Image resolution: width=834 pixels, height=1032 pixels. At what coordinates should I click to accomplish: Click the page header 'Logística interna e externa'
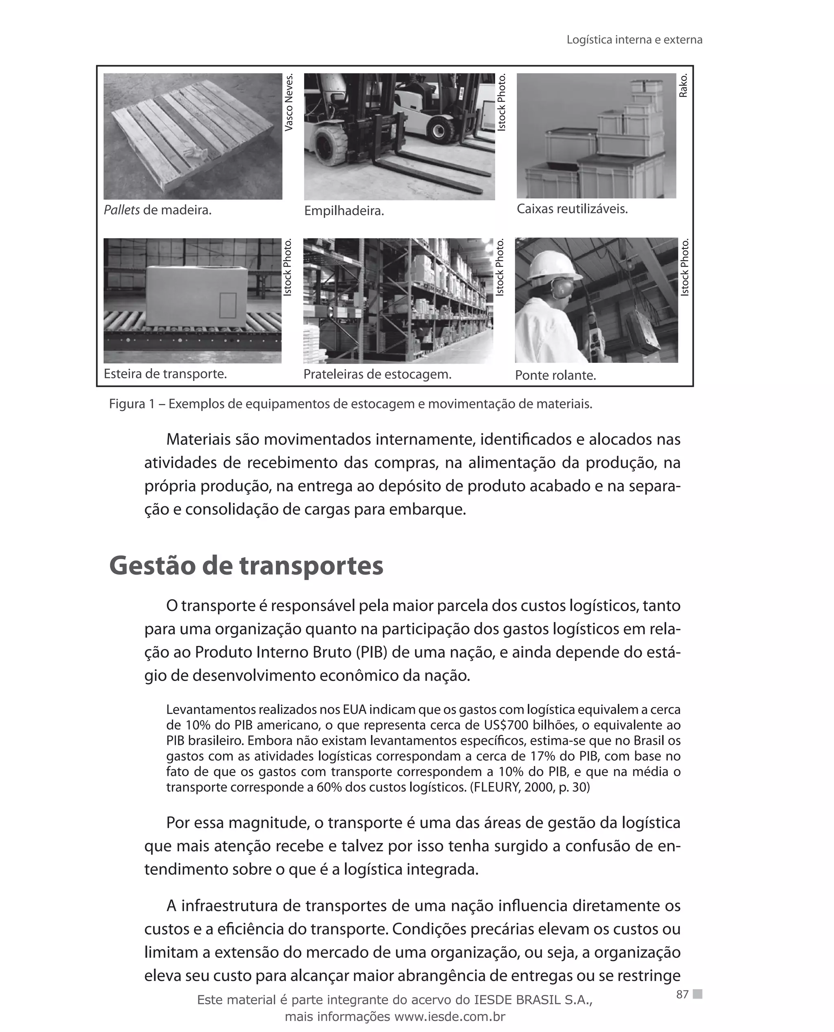click(x=634, y=40)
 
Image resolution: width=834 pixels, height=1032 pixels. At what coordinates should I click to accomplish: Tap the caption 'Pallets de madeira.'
click(x=158, y=211)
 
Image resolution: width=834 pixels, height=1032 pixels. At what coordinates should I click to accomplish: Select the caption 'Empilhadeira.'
click(x=344, y=211)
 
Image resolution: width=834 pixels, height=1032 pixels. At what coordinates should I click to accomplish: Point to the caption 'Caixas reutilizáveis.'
click(x=572, y=209)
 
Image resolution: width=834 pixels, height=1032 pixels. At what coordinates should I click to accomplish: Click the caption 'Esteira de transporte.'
click(x=165, y=374)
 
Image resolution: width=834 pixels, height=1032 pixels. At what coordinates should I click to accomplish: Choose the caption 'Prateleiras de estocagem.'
click(x=377, y=374)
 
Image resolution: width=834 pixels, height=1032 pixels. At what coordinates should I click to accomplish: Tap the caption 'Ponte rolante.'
click(x=555, y=375)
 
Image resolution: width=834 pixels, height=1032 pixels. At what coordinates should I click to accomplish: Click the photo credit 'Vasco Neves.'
click(x=289, y=102)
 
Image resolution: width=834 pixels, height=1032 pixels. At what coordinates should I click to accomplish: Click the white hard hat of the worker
click(x=548, y=265)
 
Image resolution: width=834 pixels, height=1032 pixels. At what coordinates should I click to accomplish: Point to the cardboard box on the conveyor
click(x=197, y=296)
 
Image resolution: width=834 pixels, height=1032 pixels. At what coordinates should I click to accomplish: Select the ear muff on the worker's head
click(x=562, y=288)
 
